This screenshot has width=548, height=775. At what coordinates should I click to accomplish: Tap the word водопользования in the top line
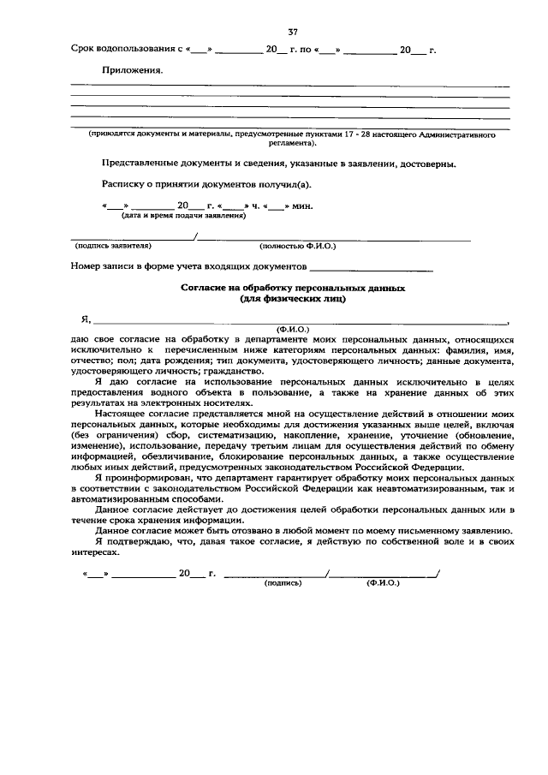(x=134, y=51)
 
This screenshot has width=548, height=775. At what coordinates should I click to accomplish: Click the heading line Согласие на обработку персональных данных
(x=292, y=289)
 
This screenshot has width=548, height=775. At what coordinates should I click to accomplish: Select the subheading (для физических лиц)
(x=292, y=299)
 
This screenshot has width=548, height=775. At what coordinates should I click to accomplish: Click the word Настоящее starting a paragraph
(x=123, y=413)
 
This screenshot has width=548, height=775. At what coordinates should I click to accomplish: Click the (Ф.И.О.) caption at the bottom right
(x=383, y=582)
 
